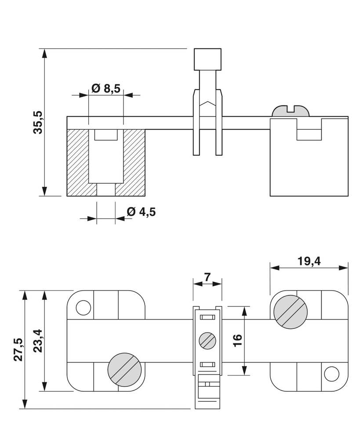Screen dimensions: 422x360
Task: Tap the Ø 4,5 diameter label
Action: click(x=141, y=212)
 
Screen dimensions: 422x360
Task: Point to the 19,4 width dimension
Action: click(x=309, y=261)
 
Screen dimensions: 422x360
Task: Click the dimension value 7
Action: click(x=207, y=277)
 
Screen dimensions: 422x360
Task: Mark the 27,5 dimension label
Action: click(x=18, y=349)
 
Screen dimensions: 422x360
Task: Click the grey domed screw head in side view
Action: click(x=291, y=111)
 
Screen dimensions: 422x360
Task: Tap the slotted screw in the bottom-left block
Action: click(x=124, y=369)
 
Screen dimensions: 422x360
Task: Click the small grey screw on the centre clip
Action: click(x=207, y=341)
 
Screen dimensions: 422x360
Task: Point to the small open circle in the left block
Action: click(x=83, y=308)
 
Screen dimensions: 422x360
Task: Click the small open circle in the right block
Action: click(x=331, y=374)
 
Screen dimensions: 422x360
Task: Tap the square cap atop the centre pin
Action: click(x=207, y=59)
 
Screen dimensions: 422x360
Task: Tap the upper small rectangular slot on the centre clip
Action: click(x=207, y=317)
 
